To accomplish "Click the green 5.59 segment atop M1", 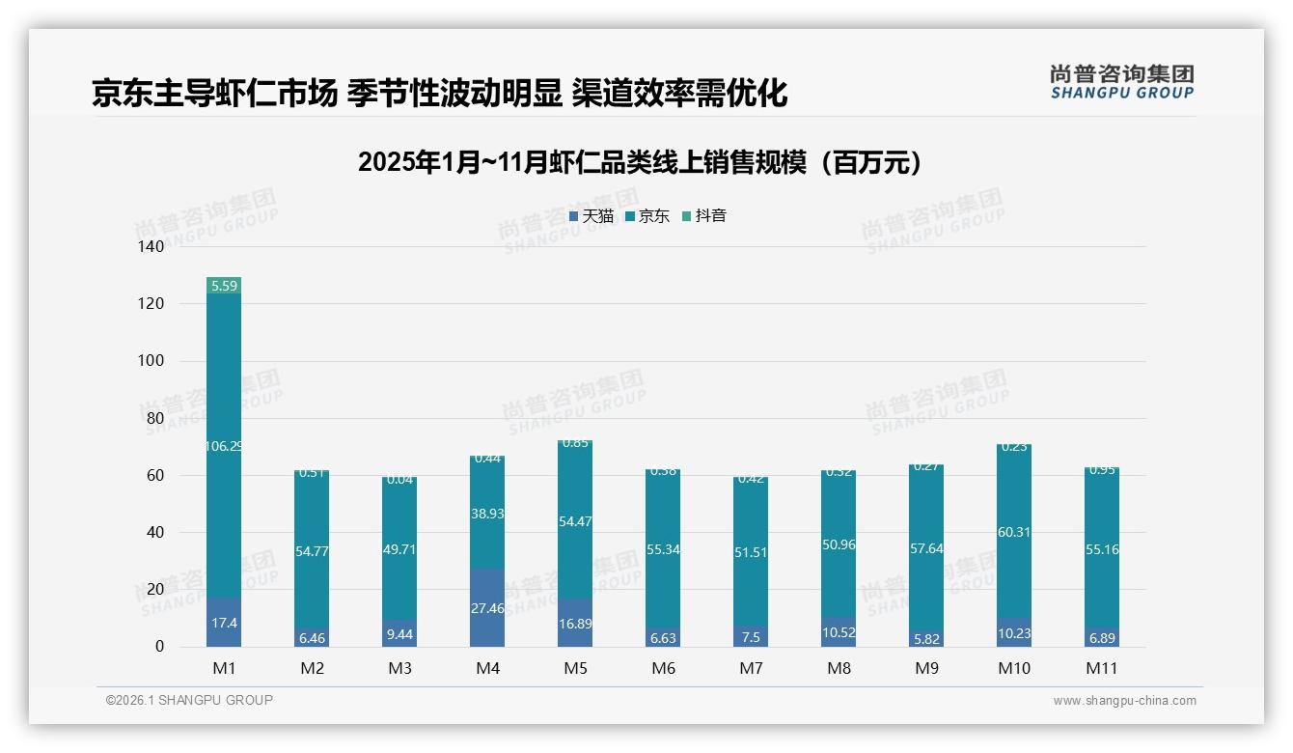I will pos(224,286).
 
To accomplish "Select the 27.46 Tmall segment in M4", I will pos(487,608).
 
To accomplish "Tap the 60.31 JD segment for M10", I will pos(1013,531).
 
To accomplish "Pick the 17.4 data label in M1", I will pos(224,624).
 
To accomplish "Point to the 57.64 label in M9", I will pos(925,548).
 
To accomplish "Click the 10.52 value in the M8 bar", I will pos(838,633).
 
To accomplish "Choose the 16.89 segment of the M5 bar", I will pos(575,623).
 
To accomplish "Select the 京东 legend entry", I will pos(647,216).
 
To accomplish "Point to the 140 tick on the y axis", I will pos(151,247).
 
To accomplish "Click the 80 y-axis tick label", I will pos(155,418).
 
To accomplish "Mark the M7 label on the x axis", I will pos(751,668).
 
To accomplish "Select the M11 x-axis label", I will pos(1101,668).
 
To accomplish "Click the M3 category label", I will pos(399,668).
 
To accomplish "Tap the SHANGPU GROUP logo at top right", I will pos(1121,82).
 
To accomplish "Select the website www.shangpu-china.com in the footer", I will pos(1124,701).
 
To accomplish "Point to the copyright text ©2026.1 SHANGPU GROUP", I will pos(189,700).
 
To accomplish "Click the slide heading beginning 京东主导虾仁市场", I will pos(440,94).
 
